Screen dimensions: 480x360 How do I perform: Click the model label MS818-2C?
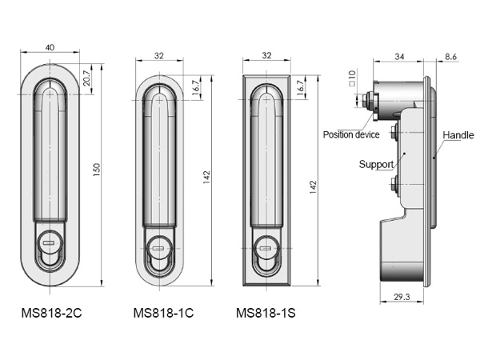point(52,313)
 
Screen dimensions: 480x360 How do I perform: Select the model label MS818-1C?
point(163,313)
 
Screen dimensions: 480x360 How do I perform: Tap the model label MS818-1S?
point(266,313)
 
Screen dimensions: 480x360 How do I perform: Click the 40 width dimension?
point(50,47)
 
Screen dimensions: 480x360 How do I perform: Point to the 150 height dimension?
point(97,170)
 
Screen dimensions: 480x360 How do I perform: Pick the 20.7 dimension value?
point(86,78)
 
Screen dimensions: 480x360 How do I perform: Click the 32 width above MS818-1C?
point(159,56)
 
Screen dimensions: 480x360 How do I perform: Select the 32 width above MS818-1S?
point(266,55)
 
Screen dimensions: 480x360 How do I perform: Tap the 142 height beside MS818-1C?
point(206,178)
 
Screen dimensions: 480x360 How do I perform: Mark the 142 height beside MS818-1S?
point(313,187)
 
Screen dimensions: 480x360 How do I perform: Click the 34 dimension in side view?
point(399,57)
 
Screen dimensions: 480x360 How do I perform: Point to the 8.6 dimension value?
point(450,57)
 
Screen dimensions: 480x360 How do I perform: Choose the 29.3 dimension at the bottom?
point(402,297)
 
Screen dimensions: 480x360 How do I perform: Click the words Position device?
point(351,134)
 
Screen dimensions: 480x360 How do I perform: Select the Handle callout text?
point(458,135)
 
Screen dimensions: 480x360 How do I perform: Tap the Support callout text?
point(376,164)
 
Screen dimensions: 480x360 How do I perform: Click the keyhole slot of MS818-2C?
point(49,242)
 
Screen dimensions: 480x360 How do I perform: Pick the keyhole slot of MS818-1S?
point(266,248)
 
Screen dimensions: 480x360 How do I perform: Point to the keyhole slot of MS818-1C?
point(158,248)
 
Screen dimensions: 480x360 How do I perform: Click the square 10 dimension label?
point(352,78)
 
